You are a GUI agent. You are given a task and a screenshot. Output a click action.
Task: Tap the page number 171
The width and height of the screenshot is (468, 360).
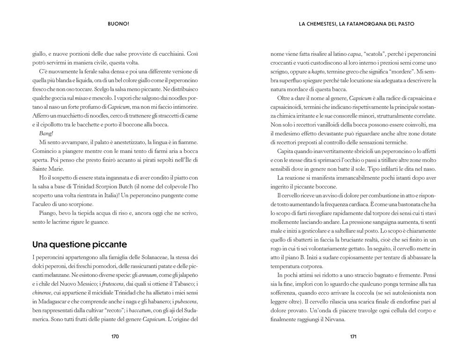click(354, 336)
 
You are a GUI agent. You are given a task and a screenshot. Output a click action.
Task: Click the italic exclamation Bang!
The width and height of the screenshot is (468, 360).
click(47, 133)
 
